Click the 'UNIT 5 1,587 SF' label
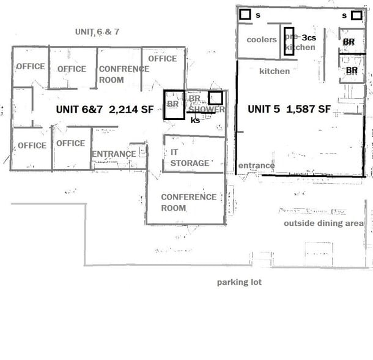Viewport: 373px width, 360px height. tap(289, 109)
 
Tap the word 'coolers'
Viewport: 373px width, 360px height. tap(262, 40)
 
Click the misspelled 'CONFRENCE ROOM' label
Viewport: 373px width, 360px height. tap(120, 74)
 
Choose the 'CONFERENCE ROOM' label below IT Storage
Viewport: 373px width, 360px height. tap(188, 202)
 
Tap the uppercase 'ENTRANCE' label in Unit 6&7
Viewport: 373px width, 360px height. tap(114, 154)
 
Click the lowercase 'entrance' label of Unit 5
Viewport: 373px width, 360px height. tap(256, 165)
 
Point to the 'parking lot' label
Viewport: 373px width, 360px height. tap(239, 282)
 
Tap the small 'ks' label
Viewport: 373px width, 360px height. tap(196, 120)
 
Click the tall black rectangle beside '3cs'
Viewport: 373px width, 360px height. tap(289, 41)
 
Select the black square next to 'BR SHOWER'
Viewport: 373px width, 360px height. tap(215, 98)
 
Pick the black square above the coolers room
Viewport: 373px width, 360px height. tap(245, 14)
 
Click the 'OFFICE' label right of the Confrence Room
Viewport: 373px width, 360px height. tap(163, 59)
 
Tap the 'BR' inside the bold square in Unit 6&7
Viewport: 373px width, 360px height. tap(172, 105)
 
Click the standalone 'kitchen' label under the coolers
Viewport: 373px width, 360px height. tap(275, 72)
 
